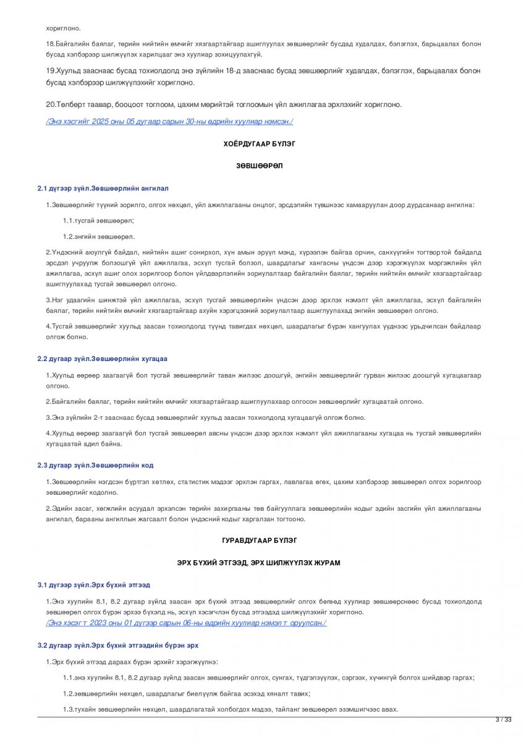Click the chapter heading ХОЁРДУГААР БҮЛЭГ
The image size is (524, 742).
260,143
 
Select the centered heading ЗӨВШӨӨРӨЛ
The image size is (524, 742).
260,166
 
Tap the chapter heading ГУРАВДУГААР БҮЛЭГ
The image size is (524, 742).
260,540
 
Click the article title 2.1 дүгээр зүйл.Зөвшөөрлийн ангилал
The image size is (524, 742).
103,188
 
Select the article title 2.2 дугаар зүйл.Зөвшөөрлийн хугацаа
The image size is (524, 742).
102,359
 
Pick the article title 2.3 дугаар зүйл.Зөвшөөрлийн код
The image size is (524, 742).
95,465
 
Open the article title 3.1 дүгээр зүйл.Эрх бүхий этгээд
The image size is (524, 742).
93,584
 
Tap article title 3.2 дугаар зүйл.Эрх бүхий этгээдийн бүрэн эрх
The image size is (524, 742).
117,645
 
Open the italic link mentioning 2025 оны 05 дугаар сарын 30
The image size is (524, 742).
169,121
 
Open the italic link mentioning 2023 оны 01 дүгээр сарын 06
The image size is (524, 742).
186,623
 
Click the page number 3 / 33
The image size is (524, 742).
504,720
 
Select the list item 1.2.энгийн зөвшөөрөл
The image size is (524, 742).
98,236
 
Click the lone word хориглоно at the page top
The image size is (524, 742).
63,28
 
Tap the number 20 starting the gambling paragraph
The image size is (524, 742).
50,104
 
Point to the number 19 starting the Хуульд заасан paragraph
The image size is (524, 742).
50,71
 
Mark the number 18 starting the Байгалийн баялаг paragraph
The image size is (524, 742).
50,44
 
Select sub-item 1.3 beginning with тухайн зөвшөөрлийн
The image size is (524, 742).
230,709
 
